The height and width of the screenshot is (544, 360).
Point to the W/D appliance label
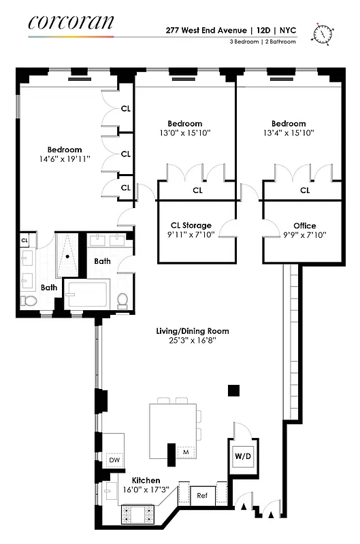(243, 456)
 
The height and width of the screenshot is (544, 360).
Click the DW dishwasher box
(114, 460)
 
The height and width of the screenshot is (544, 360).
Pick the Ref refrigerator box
(202, 495)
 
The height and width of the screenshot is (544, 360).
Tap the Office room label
(304, 226)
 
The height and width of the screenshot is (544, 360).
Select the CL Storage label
(191, 226)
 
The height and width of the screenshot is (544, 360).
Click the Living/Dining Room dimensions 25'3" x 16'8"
(191, 341)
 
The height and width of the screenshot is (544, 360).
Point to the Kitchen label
(146, 480)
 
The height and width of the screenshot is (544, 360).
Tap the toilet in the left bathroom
(29, 301)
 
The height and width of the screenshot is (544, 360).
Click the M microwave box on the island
(185, 451)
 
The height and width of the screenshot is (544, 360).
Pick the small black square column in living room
(233, 390)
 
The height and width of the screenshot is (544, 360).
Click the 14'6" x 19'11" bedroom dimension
(65, 160)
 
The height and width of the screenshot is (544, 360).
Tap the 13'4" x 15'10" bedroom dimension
(289, 133)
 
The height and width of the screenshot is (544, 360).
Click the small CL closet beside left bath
(24, 240)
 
